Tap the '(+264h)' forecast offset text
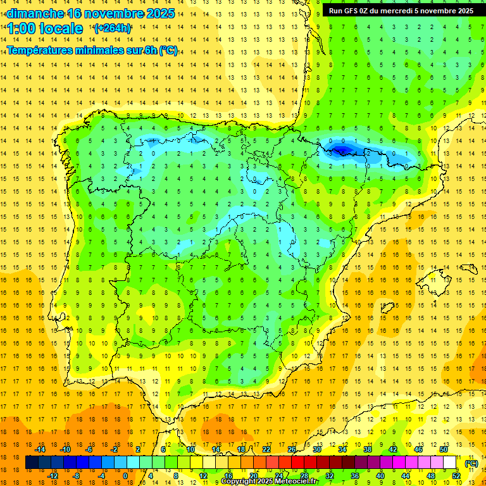point(113,28)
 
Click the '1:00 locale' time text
point(45,28)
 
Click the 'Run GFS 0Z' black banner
point(401,11)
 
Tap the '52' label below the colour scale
point(456,476)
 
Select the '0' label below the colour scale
point(125,476)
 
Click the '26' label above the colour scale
point(292,449)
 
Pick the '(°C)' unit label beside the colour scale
point(471,463)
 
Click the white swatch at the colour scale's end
point(450,463)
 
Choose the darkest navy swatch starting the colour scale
point(32,463)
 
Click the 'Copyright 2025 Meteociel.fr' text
point(270,482)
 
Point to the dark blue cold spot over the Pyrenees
point(342,150)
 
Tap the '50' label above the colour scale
point(444,449)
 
